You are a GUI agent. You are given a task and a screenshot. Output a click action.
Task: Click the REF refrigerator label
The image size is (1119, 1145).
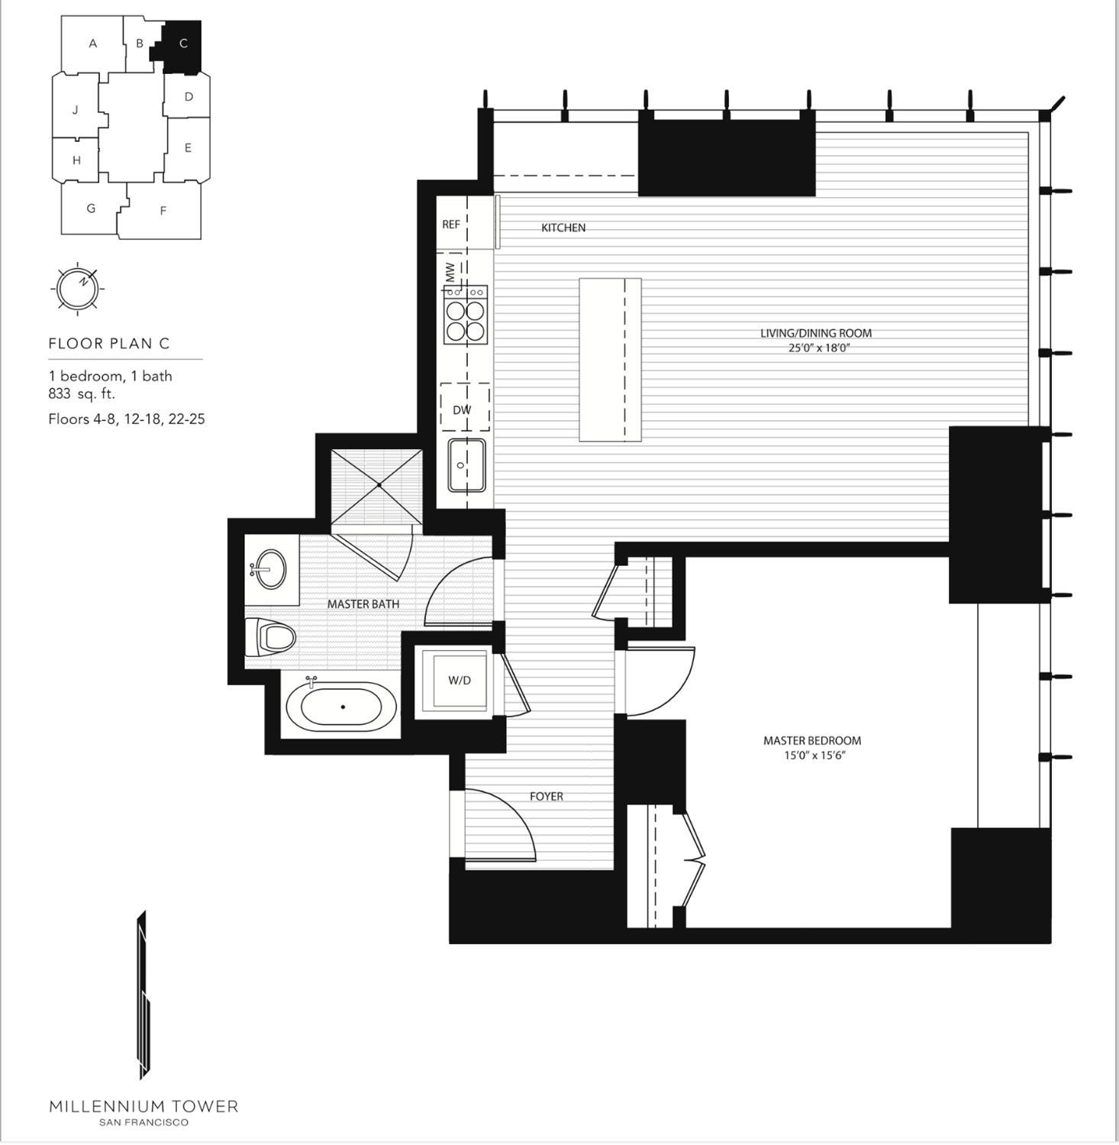(451, 225)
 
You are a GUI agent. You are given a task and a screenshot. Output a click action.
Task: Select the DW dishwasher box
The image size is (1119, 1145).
(462, 409)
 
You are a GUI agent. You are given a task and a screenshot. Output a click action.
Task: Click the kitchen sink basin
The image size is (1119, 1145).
(466, 464)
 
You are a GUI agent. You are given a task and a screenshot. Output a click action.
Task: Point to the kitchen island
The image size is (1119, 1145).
(609, 360)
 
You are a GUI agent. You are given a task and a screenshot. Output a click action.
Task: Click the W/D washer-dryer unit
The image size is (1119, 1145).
(459, 680)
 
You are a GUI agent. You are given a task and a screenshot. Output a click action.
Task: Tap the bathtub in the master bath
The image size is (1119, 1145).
(342, 707)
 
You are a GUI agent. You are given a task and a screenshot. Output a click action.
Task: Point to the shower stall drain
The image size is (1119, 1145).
(379, 485)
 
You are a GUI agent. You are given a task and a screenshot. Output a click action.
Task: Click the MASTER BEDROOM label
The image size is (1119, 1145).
(812, 740)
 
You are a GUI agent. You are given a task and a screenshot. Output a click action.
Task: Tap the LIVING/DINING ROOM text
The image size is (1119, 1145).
(815, 333)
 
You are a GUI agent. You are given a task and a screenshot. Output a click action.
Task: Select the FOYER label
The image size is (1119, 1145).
(547, 796)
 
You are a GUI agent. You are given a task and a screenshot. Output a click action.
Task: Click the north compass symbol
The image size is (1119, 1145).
(78, 287)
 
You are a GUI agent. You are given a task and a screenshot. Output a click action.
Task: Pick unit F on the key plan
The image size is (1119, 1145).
(163, 211)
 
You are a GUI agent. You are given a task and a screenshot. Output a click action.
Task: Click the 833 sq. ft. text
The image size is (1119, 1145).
(82, 394)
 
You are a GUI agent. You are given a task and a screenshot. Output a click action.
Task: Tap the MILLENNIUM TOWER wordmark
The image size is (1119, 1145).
(144, 1106)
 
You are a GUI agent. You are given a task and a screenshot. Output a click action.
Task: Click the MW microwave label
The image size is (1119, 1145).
(450, 270)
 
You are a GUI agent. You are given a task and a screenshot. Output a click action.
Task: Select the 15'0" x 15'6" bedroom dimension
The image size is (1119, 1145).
(812, 755)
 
